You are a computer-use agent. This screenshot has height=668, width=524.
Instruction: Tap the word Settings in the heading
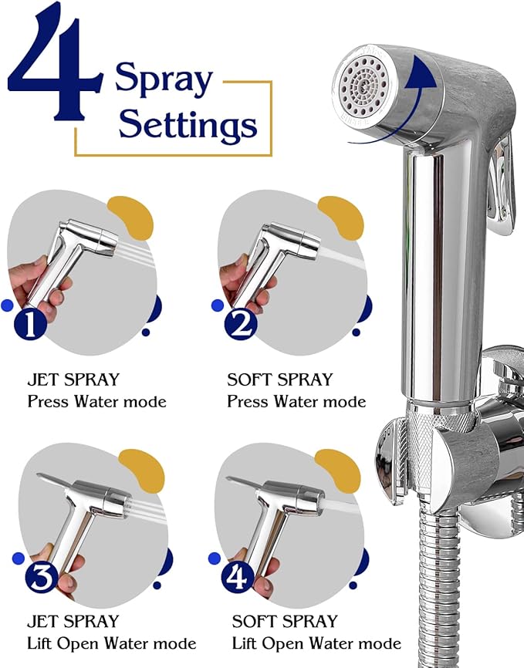click(x=188, y=123)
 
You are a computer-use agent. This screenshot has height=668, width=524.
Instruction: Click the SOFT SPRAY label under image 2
click(x=279, y=380)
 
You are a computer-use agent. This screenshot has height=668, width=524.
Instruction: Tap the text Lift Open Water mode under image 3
click(x=111, y=643)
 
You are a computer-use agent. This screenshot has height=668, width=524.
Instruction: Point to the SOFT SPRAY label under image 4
click(x=285, y=621)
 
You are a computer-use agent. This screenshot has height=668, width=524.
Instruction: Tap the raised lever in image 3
click(x=62, y=483)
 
